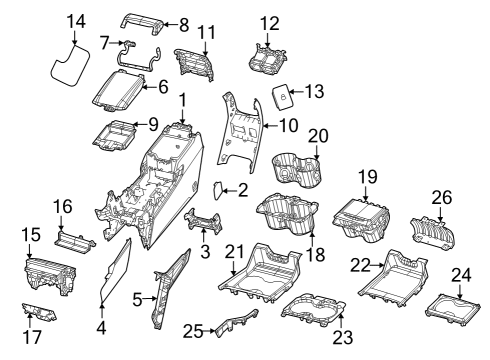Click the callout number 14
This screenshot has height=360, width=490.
pyautogui.click(x=76, y=20)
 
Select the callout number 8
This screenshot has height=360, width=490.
pyautogui.click(x=183, y=24)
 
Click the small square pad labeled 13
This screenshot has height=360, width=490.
pyautogui.click(x=283, y=97)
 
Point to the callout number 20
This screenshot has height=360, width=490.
pyautogui.click(x=318, y=135)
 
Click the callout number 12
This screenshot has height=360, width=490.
pyautogui.click(x=270, y=22)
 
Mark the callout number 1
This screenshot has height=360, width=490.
pyautogui.click(x=183, y=99)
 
